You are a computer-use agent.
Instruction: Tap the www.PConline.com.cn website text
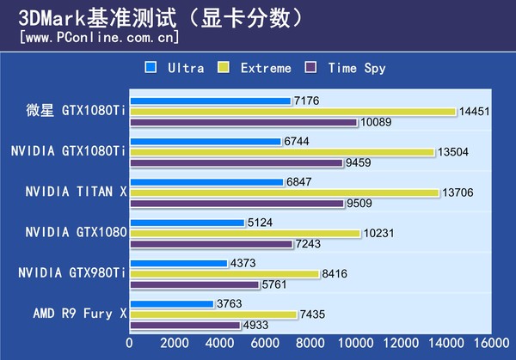coord(99,38)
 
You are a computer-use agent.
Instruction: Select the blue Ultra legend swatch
coord(151,67)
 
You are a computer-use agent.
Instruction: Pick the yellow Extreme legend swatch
coord(224,67)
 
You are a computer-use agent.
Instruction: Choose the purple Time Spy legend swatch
coord(314,67)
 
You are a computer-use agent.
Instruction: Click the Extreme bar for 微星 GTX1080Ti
coord(292,112)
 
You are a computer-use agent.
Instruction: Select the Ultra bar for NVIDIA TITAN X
coord(206,182)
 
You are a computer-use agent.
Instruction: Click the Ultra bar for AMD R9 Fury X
coord(171,304)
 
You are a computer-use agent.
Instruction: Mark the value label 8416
coord(335,274)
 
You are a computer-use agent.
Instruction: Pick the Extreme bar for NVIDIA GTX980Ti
coord(224,274)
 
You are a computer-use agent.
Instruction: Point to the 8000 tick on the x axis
coord(310,342)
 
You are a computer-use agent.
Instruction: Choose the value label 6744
coord(297,142)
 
